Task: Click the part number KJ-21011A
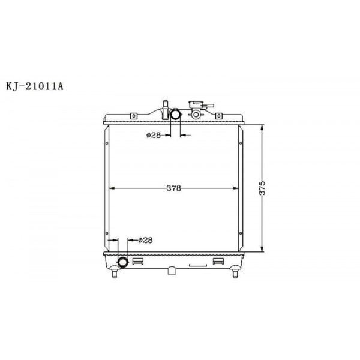pos(34,86)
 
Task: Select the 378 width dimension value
pos(174,188)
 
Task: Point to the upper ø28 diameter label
pos(153,135)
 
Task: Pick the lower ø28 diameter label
pos(145,240)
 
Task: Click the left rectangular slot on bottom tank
pos(137,262)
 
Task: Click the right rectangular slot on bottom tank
pos(218,262)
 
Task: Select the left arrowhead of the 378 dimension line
pos(110,188)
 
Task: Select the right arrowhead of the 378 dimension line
pos(237,188)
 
